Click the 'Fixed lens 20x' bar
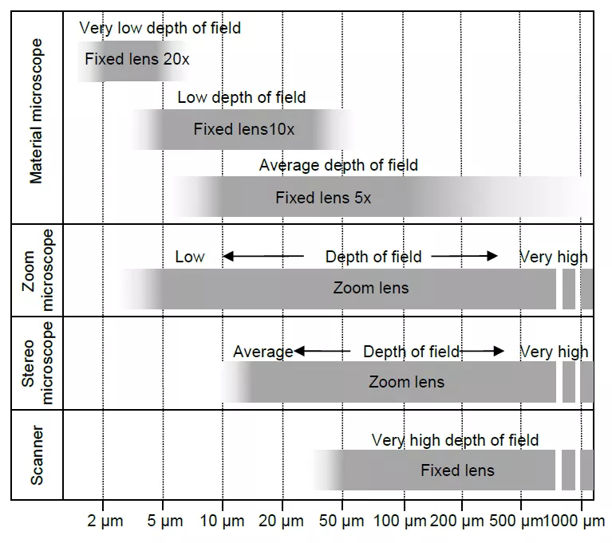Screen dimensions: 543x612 [x=136, y=60]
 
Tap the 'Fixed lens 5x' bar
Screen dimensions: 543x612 [x=323, y=198]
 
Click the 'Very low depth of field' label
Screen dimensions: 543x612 [x=160, y=29]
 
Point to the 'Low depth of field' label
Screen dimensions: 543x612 [x=241, y=97]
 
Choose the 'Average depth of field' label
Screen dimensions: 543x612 [x=338, y=165]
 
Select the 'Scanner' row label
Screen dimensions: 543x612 [x=37, y=454]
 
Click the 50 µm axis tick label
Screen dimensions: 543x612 [x=342, y=521]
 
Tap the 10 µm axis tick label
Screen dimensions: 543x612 [x=223, y=521]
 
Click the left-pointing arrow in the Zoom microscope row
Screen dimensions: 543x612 [x=263, y=257]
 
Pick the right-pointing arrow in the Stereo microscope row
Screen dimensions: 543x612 [x=483, y=352]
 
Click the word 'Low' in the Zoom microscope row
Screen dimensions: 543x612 [x=190, y=257]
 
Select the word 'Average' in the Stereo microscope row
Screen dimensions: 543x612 [x=263, y=352]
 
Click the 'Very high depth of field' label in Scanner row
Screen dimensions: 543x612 [x=455, y=440]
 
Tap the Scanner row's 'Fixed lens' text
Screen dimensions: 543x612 [x=457, y=470]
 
